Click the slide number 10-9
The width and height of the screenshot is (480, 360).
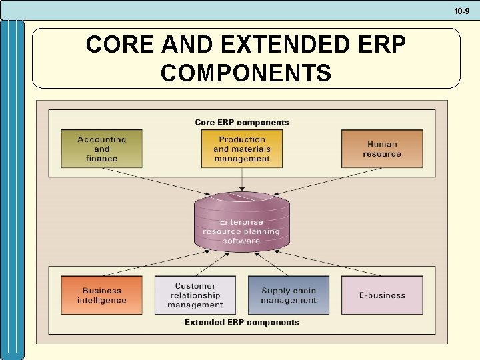coord(462,11)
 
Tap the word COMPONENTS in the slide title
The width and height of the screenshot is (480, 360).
coord(246,73)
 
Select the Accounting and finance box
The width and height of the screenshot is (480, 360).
coord(102,149)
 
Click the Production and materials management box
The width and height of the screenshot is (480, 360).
coord(242,149)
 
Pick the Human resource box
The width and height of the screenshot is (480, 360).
coord(382,149)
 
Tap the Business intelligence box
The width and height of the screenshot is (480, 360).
coord(102,295)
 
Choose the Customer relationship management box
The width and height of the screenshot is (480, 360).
coord(195,295)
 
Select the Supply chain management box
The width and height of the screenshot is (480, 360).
coord(289,295)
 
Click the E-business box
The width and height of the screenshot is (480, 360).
coord(382,295)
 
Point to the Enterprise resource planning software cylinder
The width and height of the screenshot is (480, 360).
coord(242,223)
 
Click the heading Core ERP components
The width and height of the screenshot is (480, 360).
coord(242,123)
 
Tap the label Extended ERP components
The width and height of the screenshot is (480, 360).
coord(242,323)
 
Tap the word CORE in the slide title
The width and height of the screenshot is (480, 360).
coord(115,45)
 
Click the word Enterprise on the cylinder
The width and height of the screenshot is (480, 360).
coord(242,222)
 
